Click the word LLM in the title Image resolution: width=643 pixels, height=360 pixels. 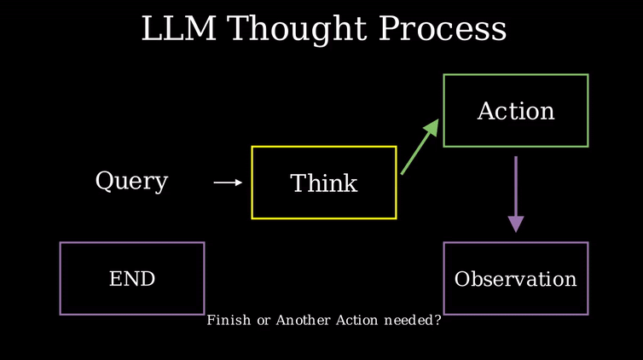pos(179,28)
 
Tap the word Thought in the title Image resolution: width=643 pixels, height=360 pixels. pos(297,30)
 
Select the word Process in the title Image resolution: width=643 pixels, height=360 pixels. pos(442,29)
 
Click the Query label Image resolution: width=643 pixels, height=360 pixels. pos(131,181)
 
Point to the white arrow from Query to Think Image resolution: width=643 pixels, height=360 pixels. pos(228,183)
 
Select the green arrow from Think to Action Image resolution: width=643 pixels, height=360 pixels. pos(420,147)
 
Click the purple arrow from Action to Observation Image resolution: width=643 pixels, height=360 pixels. pos(516,195)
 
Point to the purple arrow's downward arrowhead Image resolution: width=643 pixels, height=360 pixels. pos(516,224)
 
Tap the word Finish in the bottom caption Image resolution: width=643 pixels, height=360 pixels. pos(229,320)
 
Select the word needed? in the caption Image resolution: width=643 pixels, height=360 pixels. pos(413,320)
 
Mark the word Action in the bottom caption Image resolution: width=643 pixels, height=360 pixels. pos(356,320)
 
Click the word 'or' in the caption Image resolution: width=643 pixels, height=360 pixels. pos(264,321)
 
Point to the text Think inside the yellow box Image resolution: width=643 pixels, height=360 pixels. pos(324,183)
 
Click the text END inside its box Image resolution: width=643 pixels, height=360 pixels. pos(132,279)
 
